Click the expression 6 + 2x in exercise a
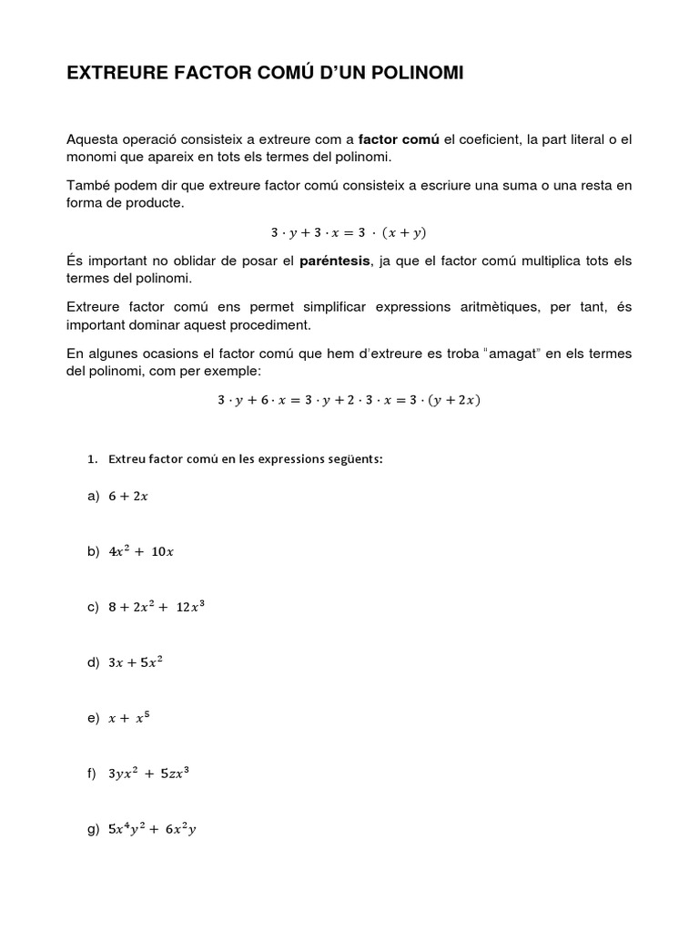(x=127, y=497)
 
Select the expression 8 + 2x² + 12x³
(x=156, y=607)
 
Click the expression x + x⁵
(x=127, y=718)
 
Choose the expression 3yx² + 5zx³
(x=148, y=774)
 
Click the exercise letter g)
(x=92, y=830)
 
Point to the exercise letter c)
(x=92, y=608)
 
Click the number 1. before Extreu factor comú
(x=92, y=459)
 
